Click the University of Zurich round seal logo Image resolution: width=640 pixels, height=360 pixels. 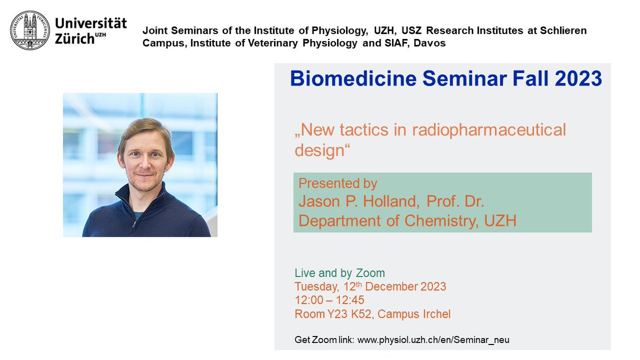(30, 31)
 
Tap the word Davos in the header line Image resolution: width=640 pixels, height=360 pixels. (430, 43)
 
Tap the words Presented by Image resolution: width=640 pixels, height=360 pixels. (338, 183)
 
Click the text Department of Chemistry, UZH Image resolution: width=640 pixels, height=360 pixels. (407, 220)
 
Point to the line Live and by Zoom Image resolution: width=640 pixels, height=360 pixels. (339, 273)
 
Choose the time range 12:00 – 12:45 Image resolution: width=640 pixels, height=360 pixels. (330, 300)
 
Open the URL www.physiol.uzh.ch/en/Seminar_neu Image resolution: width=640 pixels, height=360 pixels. (433, 340)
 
